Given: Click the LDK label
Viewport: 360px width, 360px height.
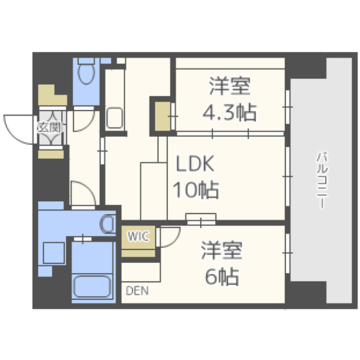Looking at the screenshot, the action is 195,164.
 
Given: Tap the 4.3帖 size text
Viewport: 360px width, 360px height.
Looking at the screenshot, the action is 229,112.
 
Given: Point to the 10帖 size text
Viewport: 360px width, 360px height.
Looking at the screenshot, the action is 196,190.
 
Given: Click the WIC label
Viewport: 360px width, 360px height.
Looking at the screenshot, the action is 138,236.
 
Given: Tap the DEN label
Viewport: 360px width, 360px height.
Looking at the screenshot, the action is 137,291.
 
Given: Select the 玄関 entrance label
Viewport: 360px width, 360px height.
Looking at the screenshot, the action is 50,128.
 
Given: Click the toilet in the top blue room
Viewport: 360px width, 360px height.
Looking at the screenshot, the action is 86,71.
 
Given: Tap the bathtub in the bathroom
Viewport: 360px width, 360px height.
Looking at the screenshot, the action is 93,286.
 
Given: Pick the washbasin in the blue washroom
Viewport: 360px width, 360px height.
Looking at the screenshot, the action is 107,224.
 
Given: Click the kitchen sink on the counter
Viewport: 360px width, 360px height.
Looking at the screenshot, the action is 114,118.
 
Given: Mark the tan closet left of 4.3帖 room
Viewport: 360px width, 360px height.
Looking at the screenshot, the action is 163,116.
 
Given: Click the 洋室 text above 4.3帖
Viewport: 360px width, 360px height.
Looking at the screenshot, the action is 229,86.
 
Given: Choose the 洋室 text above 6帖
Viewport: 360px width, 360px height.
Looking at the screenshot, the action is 222,250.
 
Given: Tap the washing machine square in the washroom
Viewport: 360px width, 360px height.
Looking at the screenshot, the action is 54,253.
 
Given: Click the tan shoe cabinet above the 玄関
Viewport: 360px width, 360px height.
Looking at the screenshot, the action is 52,95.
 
